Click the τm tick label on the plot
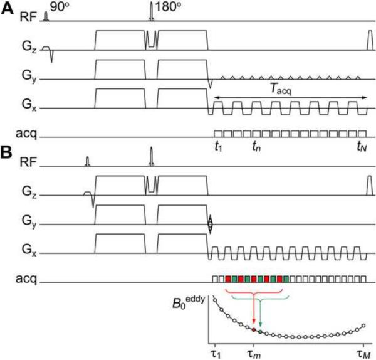coord(254,351)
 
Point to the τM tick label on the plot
coord(364,351)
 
